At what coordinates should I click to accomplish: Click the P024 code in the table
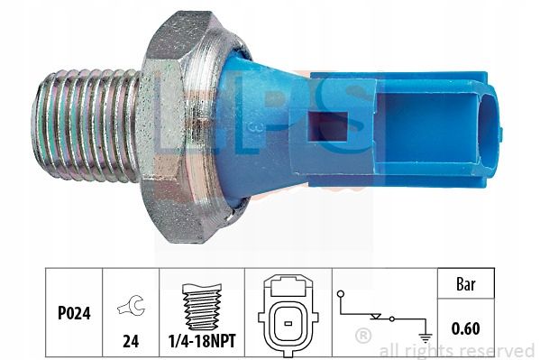click(74, 313)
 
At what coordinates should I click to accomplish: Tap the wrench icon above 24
click(132, 305)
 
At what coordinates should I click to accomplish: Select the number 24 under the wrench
click(131, 341)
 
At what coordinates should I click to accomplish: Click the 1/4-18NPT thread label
click(202, 341)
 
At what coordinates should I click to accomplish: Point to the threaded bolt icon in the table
click(202, 307)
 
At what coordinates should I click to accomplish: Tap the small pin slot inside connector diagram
click(288, 323)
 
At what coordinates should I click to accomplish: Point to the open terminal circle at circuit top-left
click(341, 294)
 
